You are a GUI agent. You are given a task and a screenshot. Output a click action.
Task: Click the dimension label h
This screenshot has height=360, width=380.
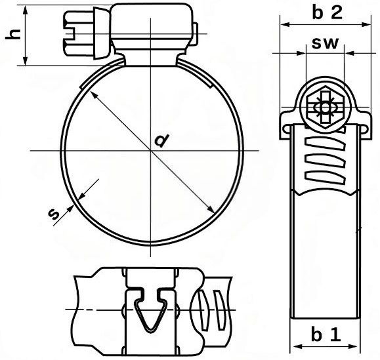(14, 34)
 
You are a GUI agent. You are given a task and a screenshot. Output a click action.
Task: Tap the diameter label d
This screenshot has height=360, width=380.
(161, 140)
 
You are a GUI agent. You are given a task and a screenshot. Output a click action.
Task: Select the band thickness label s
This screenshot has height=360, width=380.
(54, 214)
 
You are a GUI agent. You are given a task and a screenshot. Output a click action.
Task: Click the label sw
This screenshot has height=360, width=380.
(325, 43)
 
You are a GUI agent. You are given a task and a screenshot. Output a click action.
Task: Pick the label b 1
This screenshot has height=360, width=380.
(326, 334)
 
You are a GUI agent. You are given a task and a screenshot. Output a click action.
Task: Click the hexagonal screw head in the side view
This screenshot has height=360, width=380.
(325, 108)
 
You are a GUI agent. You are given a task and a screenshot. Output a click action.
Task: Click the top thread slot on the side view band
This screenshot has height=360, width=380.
(326, 143)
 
